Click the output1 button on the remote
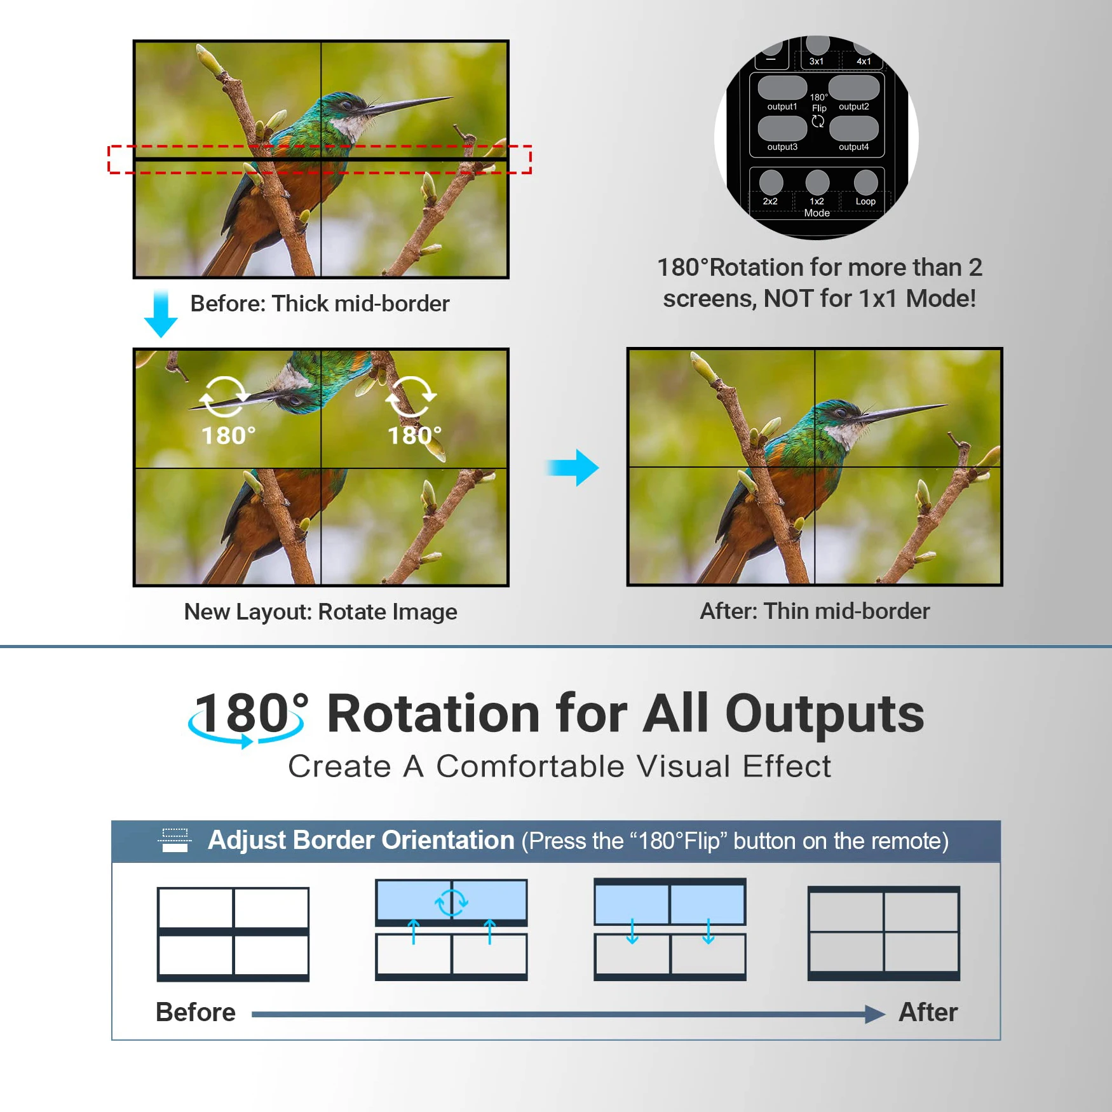point(782,88)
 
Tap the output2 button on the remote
point(853,88)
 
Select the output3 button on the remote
point(782,128)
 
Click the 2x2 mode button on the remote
point(771,182)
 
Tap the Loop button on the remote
point(865,182)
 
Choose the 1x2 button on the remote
point(817,182)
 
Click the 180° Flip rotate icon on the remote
point(818,121)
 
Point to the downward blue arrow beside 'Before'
point(161,314)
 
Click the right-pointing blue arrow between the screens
point(573,468)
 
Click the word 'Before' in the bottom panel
point(196,1012)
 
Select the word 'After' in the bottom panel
point(928,1012)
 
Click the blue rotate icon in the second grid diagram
point(451,902)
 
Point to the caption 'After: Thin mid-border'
point(815,611)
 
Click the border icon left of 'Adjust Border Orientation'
point(175,840)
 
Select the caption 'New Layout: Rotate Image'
point(321,612)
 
